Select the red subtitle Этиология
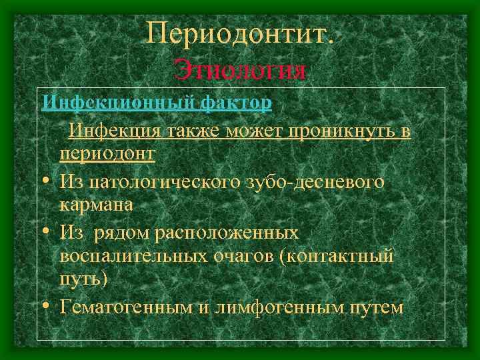240,69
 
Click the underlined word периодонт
107,154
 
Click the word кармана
96,205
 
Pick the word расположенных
227,233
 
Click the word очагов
249,257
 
